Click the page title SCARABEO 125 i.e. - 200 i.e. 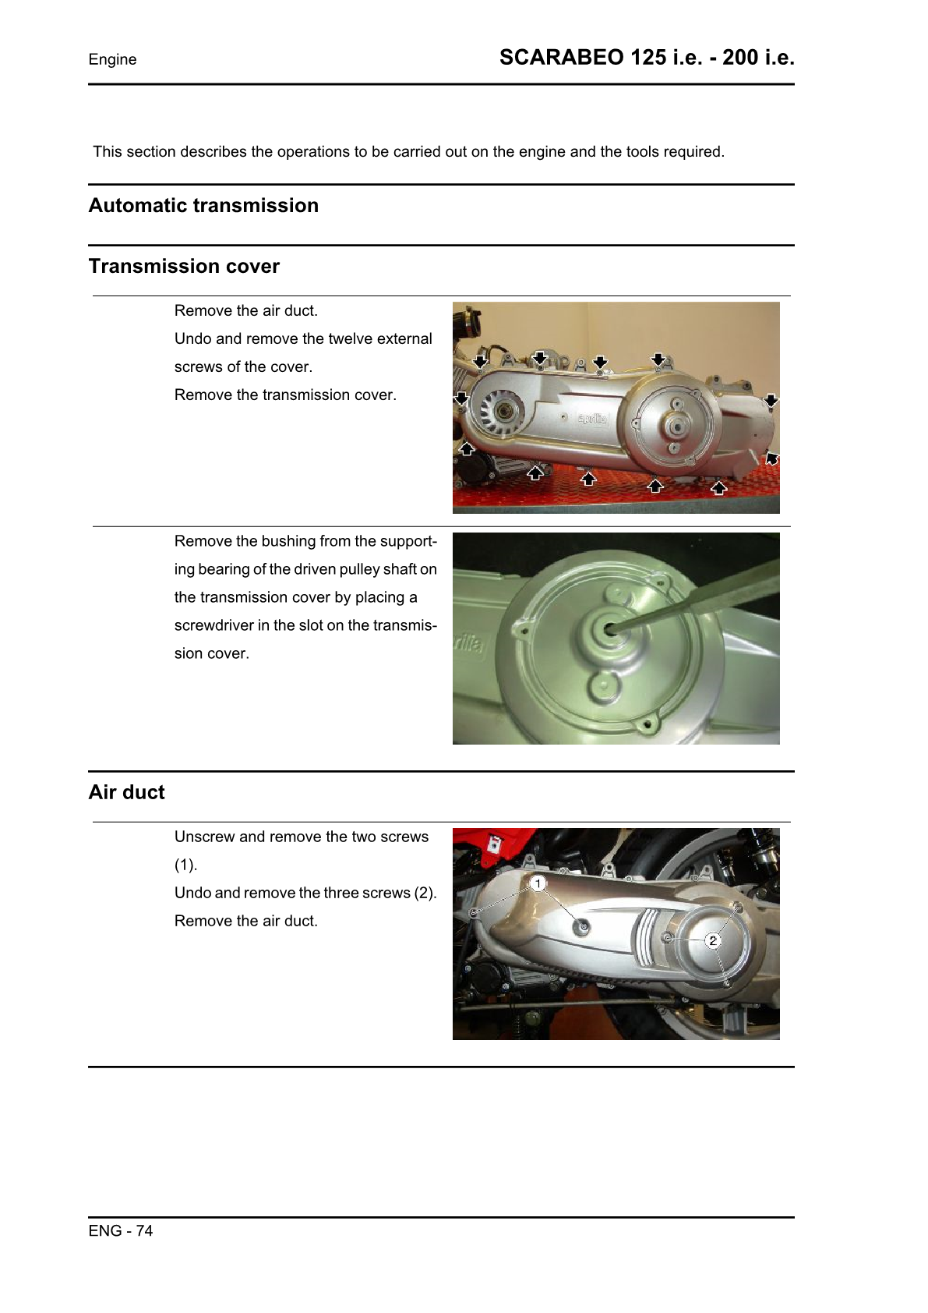click(647, 58)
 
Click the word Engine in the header click(112, 60)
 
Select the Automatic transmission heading click(203, 206)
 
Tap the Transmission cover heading click(184, 267)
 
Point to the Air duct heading click(126, 793)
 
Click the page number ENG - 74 click(121, 1231)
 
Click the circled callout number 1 click(538, 883)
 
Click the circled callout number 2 click(712, 940)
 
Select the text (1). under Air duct click(185, 865)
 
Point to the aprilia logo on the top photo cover click(592, 419)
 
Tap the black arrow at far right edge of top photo click(771, 401)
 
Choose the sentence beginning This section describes click(408, 152)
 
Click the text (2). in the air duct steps click(425, 894)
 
